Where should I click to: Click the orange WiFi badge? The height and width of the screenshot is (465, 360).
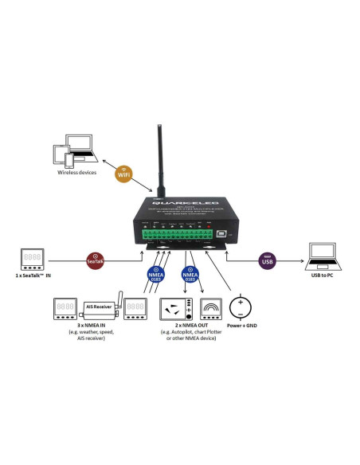click(x=123, y=174)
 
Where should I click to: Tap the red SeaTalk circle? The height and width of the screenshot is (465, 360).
click(x=96, y=259)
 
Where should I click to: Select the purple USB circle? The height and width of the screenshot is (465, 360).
click(x=266, y=260)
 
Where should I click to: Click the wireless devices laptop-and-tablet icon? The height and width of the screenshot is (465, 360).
click(x=72, y=152)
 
